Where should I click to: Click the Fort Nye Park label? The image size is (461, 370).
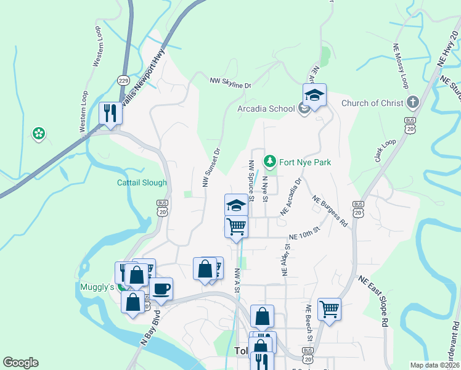pyautogui.click(x=305, y=162)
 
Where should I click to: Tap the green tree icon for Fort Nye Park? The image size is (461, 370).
pyautogui.click(x=269, y=162)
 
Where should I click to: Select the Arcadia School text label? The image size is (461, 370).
pyautogui.click(x=266, y=109)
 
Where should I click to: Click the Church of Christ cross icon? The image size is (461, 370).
pyautogui.click(x=412, y=102)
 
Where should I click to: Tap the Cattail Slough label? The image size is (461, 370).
pyautogui.click(x=142, y=183)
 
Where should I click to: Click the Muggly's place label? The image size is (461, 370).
pyautogui.click(x=97, y=287)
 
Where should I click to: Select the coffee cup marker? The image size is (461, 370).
pyautogui.click(x=161, y=289)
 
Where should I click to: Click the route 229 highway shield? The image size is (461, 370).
pyautogui.click(x=123, y=80)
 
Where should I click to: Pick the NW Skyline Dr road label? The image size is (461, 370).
pyautogui.click(x=230, y=81)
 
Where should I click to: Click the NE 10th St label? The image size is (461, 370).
pyautogui.click(x=305, y=233)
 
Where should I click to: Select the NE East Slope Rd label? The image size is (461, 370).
pyautogui.click(x=372, y=302)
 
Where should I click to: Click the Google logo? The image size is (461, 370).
pyautogui.click(x=21, y=363)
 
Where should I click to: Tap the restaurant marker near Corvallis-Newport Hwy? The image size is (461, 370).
pyautogui.click(x=110, y=113)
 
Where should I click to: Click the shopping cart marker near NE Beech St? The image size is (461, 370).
pyautogui.click(x=329, y=308)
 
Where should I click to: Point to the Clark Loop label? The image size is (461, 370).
pyautogui.click(x=385, y=151)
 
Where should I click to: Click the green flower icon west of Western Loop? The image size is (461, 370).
pyautogui.click(x=39, y=133)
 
